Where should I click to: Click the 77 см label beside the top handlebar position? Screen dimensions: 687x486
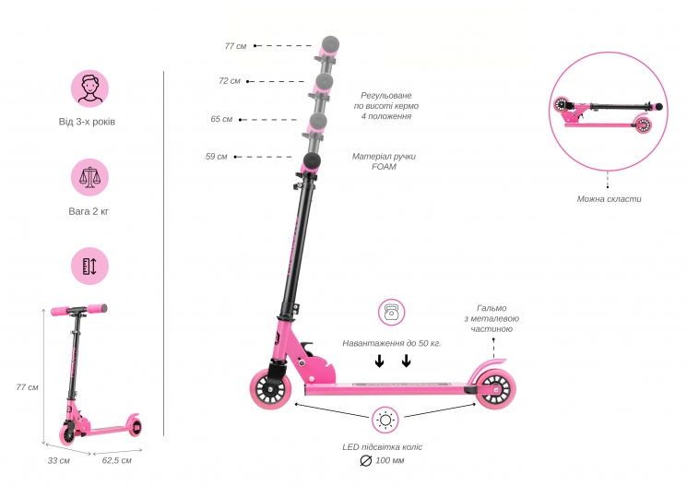235,46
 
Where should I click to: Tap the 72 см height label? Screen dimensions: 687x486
230,81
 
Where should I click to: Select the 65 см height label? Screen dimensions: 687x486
221,119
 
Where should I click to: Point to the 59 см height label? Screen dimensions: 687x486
217,157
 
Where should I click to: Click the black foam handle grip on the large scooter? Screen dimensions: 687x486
311,160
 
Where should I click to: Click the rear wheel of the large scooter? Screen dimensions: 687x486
496,389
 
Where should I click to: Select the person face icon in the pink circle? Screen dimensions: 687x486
89,89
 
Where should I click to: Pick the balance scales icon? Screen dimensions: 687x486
89,177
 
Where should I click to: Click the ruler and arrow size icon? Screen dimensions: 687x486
89,266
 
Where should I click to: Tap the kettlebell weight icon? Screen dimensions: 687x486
392,313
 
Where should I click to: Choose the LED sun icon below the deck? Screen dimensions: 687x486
385,421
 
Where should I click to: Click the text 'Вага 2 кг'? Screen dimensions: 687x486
89,211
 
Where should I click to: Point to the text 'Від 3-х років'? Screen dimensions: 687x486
87,122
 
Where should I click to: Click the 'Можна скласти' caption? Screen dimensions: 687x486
609,199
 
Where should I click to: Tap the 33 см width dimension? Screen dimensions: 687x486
59,460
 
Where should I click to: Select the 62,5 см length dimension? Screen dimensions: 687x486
116,460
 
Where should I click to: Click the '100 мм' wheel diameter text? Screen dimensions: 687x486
390,460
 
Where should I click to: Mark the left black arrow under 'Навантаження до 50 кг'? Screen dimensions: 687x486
379,362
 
